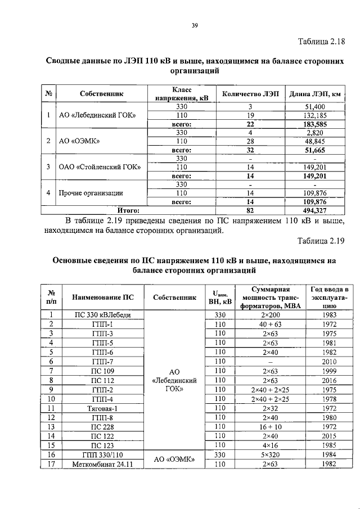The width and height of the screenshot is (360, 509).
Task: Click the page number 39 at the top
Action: point(195,25)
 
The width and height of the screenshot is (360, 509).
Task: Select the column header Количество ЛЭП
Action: point(250,93)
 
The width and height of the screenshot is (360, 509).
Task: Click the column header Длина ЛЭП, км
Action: point(315,93)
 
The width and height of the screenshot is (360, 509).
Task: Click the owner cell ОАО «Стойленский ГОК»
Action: point(100,167)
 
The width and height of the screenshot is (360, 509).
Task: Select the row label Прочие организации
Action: point(91,193)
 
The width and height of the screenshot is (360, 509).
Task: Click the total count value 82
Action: point(250,210)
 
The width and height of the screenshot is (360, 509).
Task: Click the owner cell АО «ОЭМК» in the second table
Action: point(174,460)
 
